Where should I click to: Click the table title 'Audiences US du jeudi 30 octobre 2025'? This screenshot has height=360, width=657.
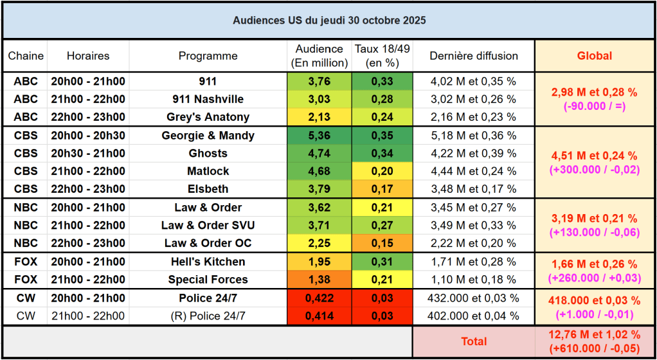pos(328,20)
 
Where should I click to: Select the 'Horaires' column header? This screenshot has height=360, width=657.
pos(88,56)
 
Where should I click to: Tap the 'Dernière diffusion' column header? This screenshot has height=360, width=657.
pos(474,56)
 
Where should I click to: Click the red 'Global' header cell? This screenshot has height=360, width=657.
pos(594,56)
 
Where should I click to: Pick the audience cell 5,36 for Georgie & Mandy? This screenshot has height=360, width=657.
pos(319,136)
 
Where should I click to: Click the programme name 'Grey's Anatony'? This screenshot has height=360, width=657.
pos(208,117)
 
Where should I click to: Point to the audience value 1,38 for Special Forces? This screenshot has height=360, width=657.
pos(319,280)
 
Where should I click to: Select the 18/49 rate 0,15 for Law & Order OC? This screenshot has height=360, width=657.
pos(382,243)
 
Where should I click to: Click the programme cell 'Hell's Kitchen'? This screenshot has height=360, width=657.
pos(208,262)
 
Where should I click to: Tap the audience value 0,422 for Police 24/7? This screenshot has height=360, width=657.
pos(319,298)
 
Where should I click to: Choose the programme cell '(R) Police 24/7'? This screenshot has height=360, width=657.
pos(208,316)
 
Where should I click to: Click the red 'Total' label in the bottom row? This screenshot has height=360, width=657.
pos(474,341)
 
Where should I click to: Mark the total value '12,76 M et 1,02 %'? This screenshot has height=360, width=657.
pos(594,335)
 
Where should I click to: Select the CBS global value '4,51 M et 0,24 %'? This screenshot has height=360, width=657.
pos(594,156)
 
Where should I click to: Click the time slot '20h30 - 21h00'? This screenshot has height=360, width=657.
pos(88,154)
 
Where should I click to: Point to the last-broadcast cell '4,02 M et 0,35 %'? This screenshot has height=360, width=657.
pos(474,81)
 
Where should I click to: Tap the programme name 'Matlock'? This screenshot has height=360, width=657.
pos(208,172)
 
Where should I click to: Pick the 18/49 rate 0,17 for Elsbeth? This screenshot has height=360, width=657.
pos(382,190)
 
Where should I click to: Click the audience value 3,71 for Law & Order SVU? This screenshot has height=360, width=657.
pos(319,226)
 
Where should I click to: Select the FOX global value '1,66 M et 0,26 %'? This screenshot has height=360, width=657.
pos(594,264)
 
